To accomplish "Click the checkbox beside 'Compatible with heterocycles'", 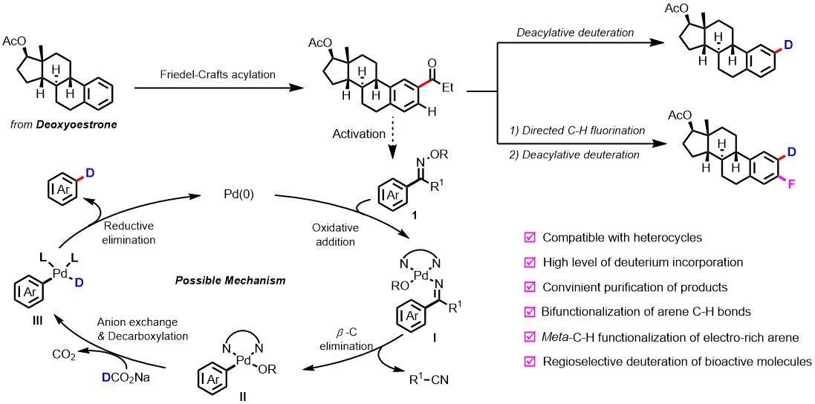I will coord(530,238).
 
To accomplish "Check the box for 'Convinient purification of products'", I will coord(530,287).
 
